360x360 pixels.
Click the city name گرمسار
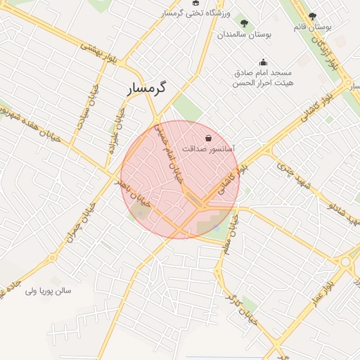(x=148, y=89)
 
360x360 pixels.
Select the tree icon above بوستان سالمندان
(x=245, y=22)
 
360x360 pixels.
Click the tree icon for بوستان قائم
(x=313, y=16)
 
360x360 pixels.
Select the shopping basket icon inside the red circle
(x=207, y=138)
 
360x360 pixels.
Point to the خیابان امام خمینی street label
(x=169, y=151)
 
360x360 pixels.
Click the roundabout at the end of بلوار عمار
(x=347, y=263)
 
